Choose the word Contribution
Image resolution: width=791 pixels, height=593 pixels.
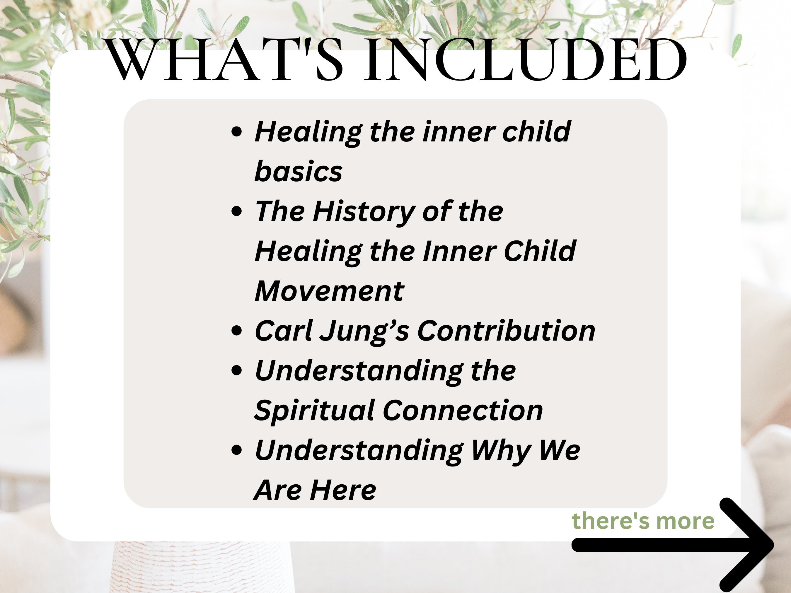click(x=506, y=331)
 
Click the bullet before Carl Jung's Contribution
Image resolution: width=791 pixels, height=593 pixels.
click(x=237, y=331)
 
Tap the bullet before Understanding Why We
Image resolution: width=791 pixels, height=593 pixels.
click(x=237, y=450)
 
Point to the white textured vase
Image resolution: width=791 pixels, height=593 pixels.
click(x=200, y=568)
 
